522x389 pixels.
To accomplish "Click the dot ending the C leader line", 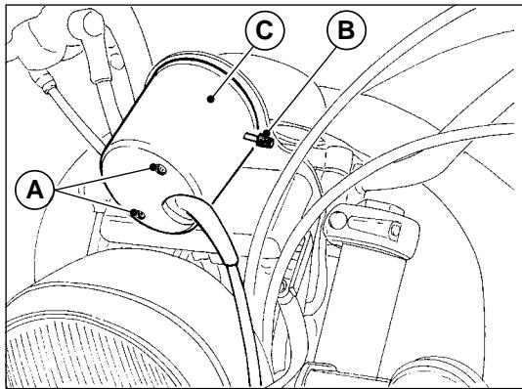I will click(214, 98).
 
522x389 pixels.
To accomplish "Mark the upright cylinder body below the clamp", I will click(371, 293).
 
